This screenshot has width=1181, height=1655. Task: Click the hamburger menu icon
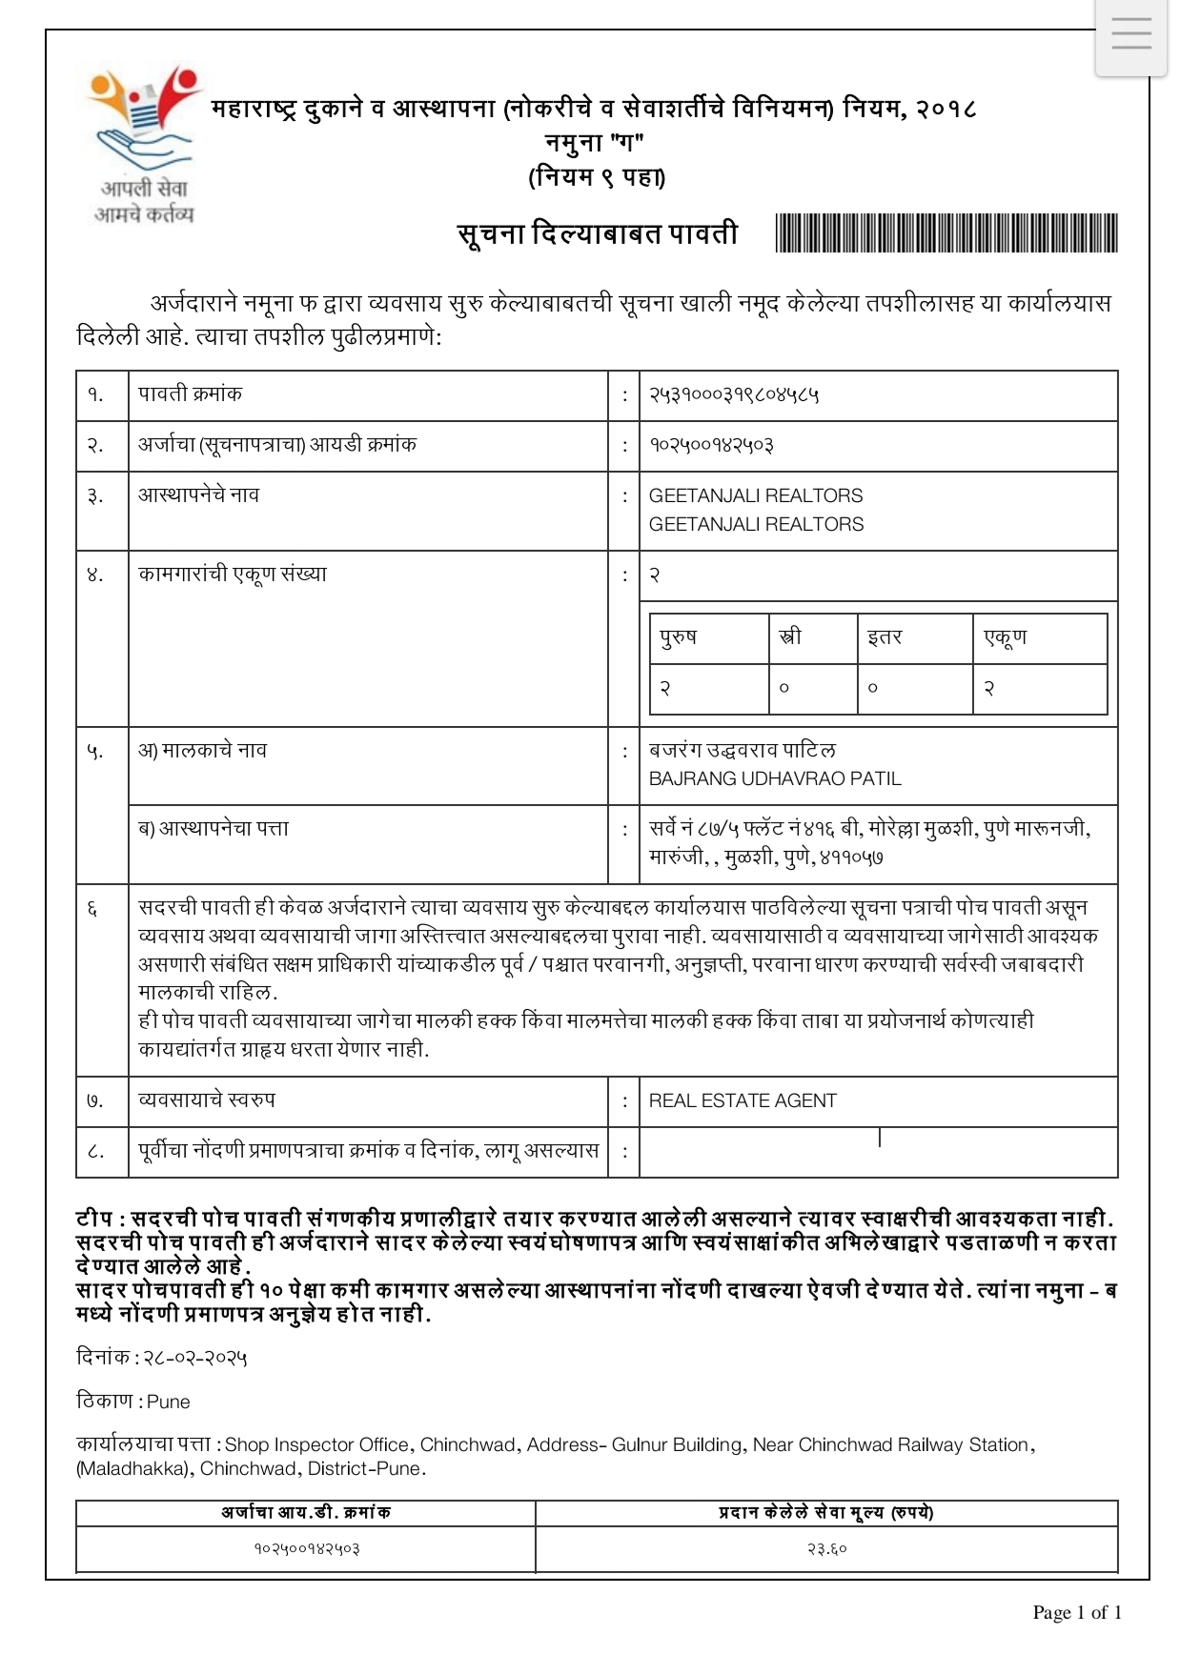click(1130, 35)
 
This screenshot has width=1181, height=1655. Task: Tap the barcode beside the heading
click(947, 233)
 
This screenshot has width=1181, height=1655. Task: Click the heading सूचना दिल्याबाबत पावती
click(598, 233)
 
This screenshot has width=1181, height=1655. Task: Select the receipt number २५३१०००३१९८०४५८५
click(734, 394)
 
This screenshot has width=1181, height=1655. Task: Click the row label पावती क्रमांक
click(190, 394)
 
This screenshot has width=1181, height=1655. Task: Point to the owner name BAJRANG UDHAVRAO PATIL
click(774, 778)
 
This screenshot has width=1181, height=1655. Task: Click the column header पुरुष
click(678, 636)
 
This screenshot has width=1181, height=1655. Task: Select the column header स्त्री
click(790, 636)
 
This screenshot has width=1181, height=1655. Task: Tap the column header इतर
click(884, 636)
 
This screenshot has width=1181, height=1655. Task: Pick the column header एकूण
click(1005, 636)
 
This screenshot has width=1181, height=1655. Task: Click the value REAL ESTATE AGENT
click(743, 1100)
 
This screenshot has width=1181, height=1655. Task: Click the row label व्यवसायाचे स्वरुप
click(207, 1100)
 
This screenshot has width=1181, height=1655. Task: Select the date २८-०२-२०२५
click(195, 1357)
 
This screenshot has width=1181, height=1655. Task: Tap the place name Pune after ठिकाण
click(169, 1402)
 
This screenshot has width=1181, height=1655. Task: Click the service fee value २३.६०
click(826, 1548)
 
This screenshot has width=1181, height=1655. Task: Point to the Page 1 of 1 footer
click(1077, 1612)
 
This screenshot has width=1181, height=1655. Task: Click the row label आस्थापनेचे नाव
click(198, 494)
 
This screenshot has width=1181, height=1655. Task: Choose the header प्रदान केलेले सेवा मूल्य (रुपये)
click(825, 1512)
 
